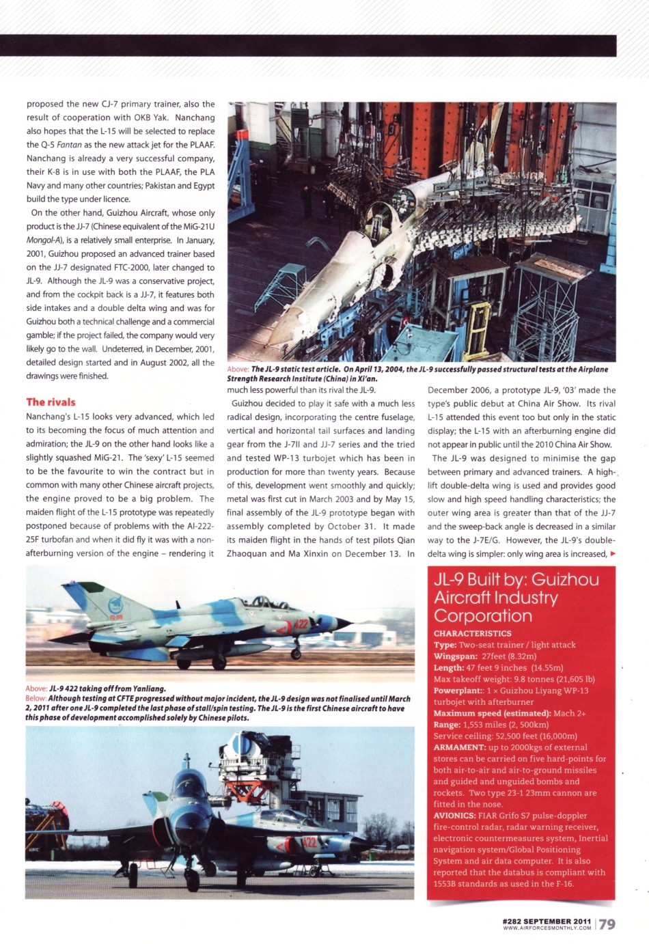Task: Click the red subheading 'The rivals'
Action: [51, 402]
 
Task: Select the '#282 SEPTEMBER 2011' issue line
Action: [547, 921]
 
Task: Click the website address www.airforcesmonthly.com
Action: [547, 928]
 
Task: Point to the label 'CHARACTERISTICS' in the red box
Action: [472, 633]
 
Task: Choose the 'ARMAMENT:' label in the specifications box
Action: [460, 747]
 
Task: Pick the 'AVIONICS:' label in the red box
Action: [454, 816]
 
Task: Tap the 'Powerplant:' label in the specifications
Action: [458, 691]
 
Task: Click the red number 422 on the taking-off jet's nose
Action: [301, 623]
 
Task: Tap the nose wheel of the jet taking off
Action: [296, 654]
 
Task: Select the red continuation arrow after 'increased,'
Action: [612, 553]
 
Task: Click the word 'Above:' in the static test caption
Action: [238, 370]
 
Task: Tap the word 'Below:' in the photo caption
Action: [36, 698]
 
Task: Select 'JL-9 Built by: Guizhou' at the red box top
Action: [516, 580]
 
